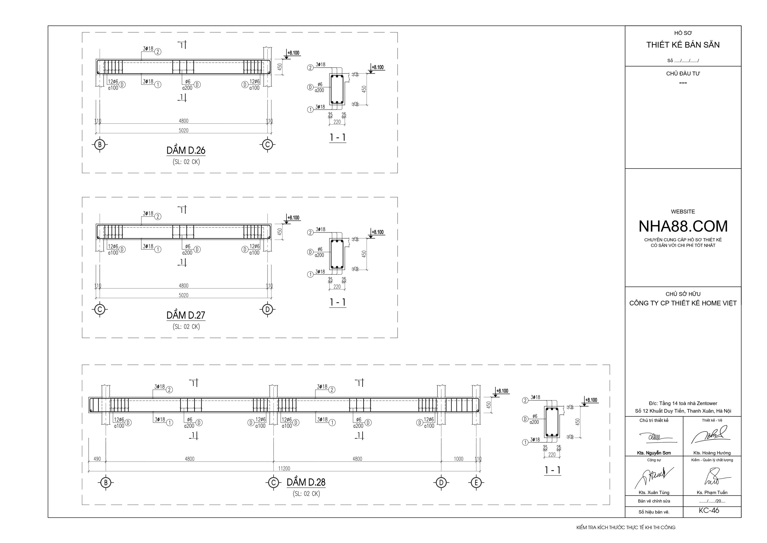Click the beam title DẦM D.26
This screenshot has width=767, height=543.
(x=186, y=150)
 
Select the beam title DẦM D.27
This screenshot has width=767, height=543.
(x=186, y=315)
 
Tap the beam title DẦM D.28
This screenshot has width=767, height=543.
(x=306, y=482)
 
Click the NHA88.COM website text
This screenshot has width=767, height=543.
(x=683, y=226)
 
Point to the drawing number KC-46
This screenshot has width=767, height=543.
(x=709, y=510)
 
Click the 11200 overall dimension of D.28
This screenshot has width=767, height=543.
(x=284, y=468)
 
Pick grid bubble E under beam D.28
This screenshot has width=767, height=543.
(x=476, y=482)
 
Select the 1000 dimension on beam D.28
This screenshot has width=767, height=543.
(x=458, y=459)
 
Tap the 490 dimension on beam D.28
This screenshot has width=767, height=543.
(x=97, y=459)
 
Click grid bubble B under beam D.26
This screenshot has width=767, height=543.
(x=99, y=144)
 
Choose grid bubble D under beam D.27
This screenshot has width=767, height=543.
(x=267, y=309)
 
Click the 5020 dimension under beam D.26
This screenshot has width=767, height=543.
(x=183, y=131)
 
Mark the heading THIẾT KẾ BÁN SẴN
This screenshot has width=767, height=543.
(x=683, y=45)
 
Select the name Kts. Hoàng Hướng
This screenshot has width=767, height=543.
(x=712, y=453)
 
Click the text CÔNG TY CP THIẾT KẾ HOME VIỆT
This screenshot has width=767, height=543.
(x=683, y=303)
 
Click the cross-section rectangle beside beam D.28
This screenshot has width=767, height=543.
(x=552, y=422)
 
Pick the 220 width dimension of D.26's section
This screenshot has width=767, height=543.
(x=337, y=122)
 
